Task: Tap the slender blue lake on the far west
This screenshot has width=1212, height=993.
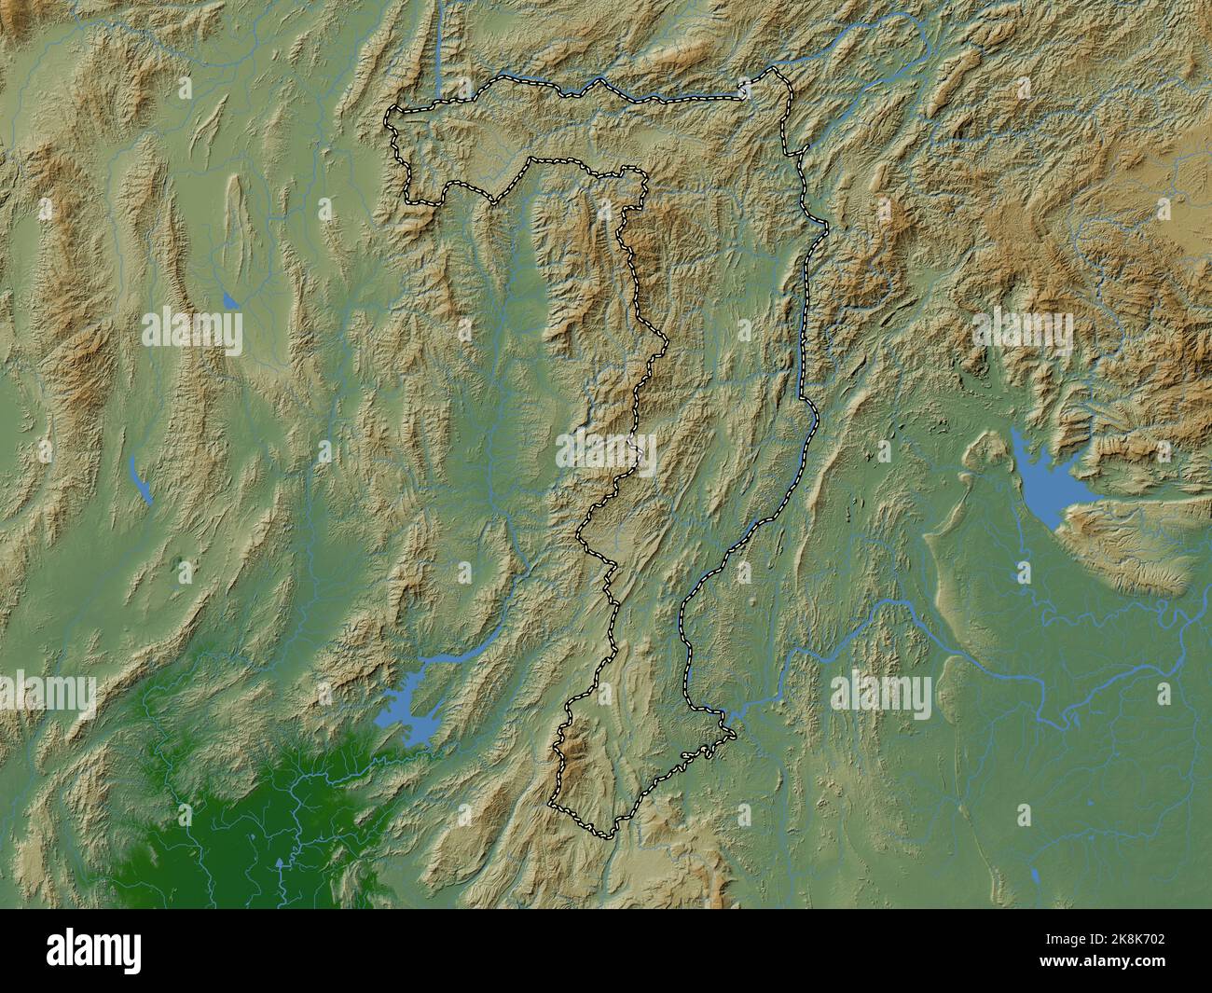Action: click(x=141, y=481)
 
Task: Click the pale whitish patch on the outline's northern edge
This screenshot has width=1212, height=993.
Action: click(x=745, y=90)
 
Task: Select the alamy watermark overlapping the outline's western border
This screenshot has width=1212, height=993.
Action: click(x=606, y=452)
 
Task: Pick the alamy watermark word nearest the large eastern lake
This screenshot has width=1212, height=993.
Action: click(x=1023, y=331)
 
